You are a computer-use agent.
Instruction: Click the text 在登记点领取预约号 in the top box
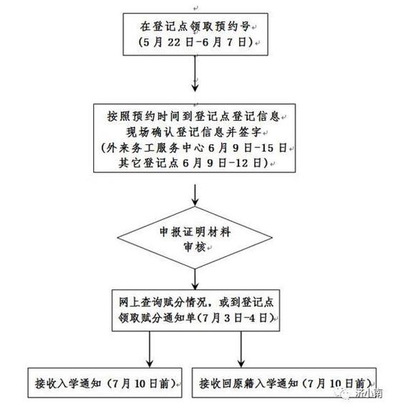[195, 27]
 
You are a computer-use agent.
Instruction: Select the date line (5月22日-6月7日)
[195, 42]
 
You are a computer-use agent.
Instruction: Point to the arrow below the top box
[195, 73]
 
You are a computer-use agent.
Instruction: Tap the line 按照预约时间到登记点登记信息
[194, 116]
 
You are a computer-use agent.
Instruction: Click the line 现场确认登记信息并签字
[194, 131]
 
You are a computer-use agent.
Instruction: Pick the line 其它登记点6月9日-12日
[193, 163]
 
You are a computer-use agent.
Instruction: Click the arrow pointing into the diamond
[195, 195]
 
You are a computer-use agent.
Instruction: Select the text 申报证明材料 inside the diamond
[195, 232]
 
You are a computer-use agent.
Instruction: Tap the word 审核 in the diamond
[195, 247]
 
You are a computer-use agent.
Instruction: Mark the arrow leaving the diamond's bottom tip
[195, 280]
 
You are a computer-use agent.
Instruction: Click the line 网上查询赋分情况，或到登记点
[196, 303]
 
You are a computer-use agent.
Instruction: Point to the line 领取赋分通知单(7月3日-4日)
[196, 318]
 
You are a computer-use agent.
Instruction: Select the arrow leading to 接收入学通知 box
[149, 349]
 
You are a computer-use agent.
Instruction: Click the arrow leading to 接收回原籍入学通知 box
[241, 349]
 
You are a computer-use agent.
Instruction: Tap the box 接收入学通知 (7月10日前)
[105, 383]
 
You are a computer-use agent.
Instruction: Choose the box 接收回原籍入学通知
[284, 383]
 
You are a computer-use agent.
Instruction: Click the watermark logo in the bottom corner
[343, 393]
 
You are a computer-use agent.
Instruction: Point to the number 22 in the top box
[175, 42]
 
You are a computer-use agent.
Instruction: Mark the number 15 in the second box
[267, 148]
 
